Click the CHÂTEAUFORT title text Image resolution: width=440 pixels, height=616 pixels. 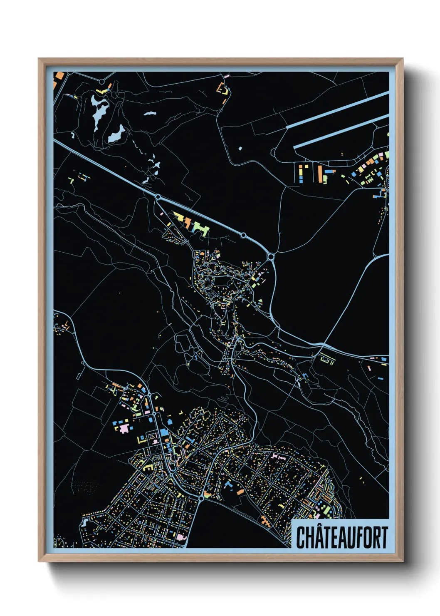click(x=342, y=537)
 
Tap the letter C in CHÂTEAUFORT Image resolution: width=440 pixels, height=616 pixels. click(x=301, y=537)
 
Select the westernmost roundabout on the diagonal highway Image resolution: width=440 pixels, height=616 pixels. click(x=158, y=196)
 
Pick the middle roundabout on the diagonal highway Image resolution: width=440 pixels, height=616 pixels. click(x=243, y=236)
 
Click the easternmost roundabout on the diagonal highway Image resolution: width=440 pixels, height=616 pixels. click(x=272, y=257)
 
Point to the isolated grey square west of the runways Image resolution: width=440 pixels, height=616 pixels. click(x=240, y=148)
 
